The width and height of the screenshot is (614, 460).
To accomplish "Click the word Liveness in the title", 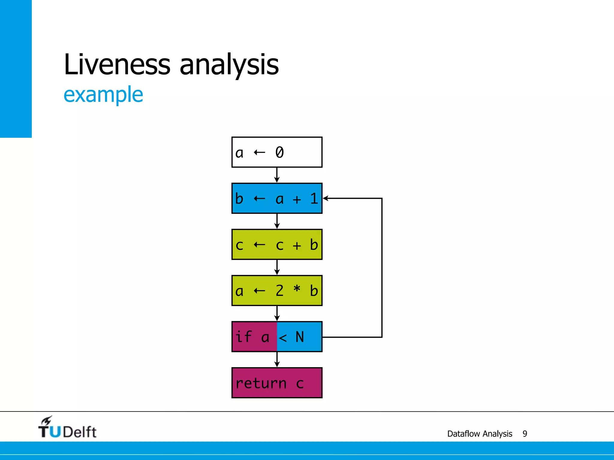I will click(117, 64).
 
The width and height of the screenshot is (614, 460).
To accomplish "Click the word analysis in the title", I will click(229, 64).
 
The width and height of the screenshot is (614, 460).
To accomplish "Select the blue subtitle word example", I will click(103, 95).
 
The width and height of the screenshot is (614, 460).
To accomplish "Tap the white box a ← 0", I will click(277, 152).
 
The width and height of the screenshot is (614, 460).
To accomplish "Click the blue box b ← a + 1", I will click(277, 198).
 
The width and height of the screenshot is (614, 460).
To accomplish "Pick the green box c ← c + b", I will click(277, 244).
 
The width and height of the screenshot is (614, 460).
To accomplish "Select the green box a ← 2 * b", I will click(277, 290).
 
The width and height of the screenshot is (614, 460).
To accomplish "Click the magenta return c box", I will click(277, 383).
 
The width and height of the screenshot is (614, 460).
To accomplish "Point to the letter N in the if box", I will click(300, 337).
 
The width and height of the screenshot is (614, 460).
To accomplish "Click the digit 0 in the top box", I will click(279, 152).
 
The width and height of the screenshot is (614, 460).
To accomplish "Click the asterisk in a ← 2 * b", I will click(297, 289).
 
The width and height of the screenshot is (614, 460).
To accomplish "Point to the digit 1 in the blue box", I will click(314, 199).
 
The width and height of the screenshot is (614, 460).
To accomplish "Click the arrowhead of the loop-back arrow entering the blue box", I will click(326, 198).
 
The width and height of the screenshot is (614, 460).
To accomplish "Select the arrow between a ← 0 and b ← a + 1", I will click(277, 175).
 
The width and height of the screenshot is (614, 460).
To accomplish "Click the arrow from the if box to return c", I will click(277, 360).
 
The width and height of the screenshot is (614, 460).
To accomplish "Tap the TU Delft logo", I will click(67, 428).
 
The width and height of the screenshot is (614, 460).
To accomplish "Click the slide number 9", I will click(525, 434).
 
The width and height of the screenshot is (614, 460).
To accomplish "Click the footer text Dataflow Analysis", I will click(479, 434).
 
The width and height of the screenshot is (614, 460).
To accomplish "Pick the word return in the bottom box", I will click(261, 383).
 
